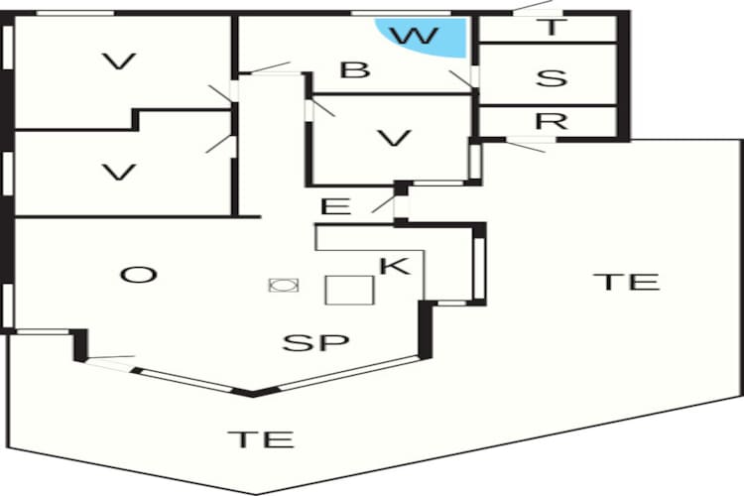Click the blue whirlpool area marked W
click(427, 36)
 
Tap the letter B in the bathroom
click(355, 69)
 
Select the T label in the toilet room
click(551, 27)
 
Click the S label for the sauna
click(552, 77)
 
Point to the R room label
click(552, 121)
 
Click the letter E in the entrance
click(336, 206)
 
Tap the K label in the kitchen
click(395, 266)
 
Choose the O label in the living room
click(139, 275)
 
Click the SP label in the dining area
click(316, 342)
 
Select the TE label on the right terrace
click(626, 282)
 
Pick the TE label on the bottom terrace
click(261, 439)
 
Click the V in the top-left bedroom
click(120, 62)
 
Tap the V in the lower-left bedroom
click(119, 173)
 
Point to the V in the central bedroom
click(394, 138)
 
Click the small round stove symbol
click(284, 285)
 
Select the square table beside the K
click(350, 290)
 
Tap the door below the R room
click(527, 144)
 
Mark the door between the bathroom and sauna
click(463, 78)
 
